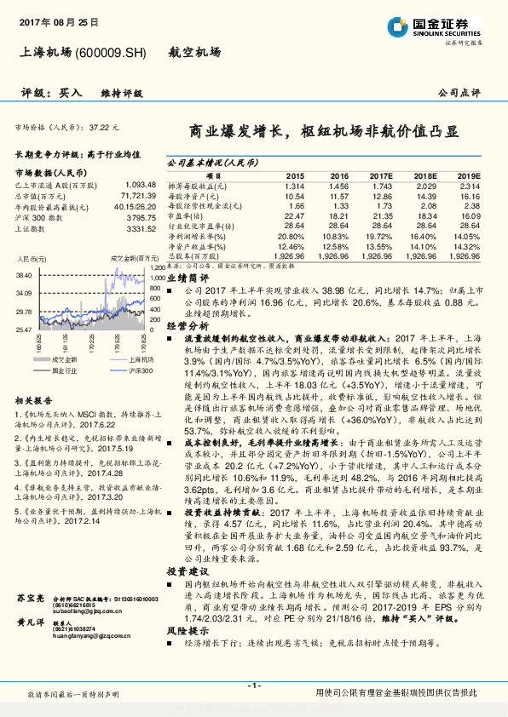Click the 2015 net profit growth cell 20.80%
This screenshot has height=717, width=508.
[x=292, y=236]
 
